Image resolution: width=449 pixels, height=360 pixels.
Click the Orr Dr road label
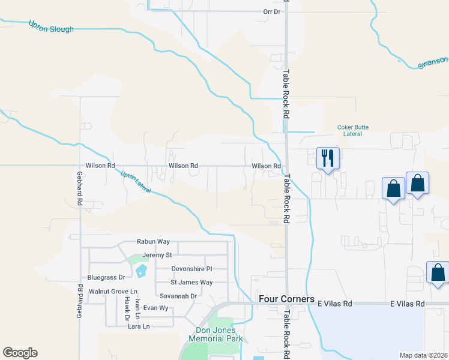point(272,11)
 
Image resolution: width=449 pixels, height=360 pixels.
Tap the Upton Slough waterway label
point(51,26)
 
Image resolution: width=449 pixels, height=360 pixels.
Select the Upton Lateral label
point(135,182)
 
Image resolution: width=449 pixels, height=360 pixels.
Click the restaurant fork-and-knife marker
point(328,158)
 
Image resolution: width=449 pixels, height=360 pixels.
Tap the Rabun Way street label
point(153,241)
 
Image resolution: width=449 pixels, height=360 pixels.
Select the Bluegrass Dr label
point(106,277)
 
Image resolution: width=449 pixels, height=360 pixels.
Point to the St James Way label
point(191,282)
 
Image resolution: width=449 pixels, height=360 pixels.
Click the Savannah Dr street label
point(178,296)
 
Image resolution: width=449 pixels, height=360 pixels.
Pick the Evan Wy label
point(154,308)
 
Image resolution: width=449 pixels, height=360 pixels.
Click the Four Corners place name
point(286,299)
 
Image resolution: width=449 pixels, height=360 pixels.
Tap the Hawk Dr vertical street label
point(127,306)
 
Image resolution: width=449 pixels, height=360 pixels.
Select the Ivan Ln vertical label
point(138,307)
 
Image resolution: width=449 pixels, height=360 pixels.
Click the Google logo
point(20,353)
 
